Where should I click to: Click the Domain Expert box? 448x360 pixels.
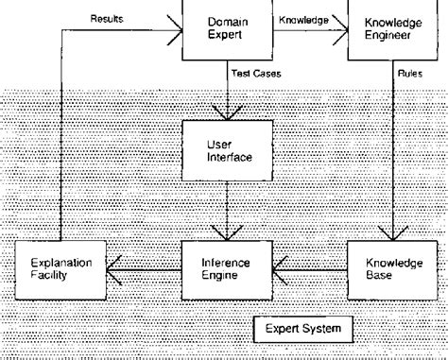point(228,30)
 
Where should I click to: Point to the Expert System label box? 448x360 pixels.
point(298,331)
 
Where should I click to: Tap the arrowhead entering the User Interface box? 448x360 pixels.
point(228,113)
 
